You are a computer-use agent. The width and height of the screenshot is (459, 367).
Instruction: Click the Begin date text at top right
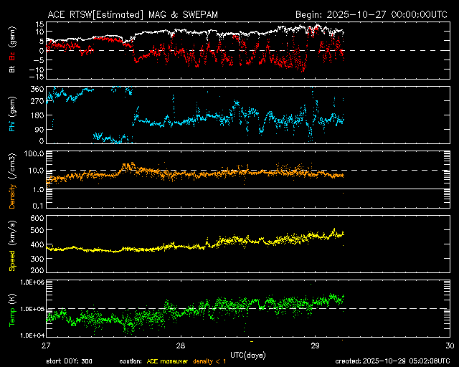coord(372,14)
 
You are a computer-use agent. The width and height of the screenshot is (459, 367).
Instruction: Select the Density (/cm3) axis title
coord(12,183)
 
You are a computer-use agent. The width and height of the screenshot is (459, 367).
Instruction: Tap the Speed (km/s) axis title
coord(12,244)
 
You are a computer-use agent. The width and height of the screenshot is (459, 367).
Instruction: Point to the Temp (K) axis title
coord(12,308)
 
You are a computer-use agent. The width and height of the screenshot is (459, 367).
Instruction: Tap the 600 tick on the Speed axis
coord(34,217)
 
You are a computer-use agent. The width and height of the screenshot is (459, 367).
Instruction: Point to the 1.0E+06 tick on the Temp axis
coord(29,282)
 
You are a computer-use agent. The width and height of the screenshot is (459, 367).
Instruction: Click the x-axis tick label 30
coord(449,345)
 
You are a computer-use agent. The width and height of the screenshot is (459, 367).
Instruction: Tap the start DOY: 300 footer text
coord(71,361)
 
